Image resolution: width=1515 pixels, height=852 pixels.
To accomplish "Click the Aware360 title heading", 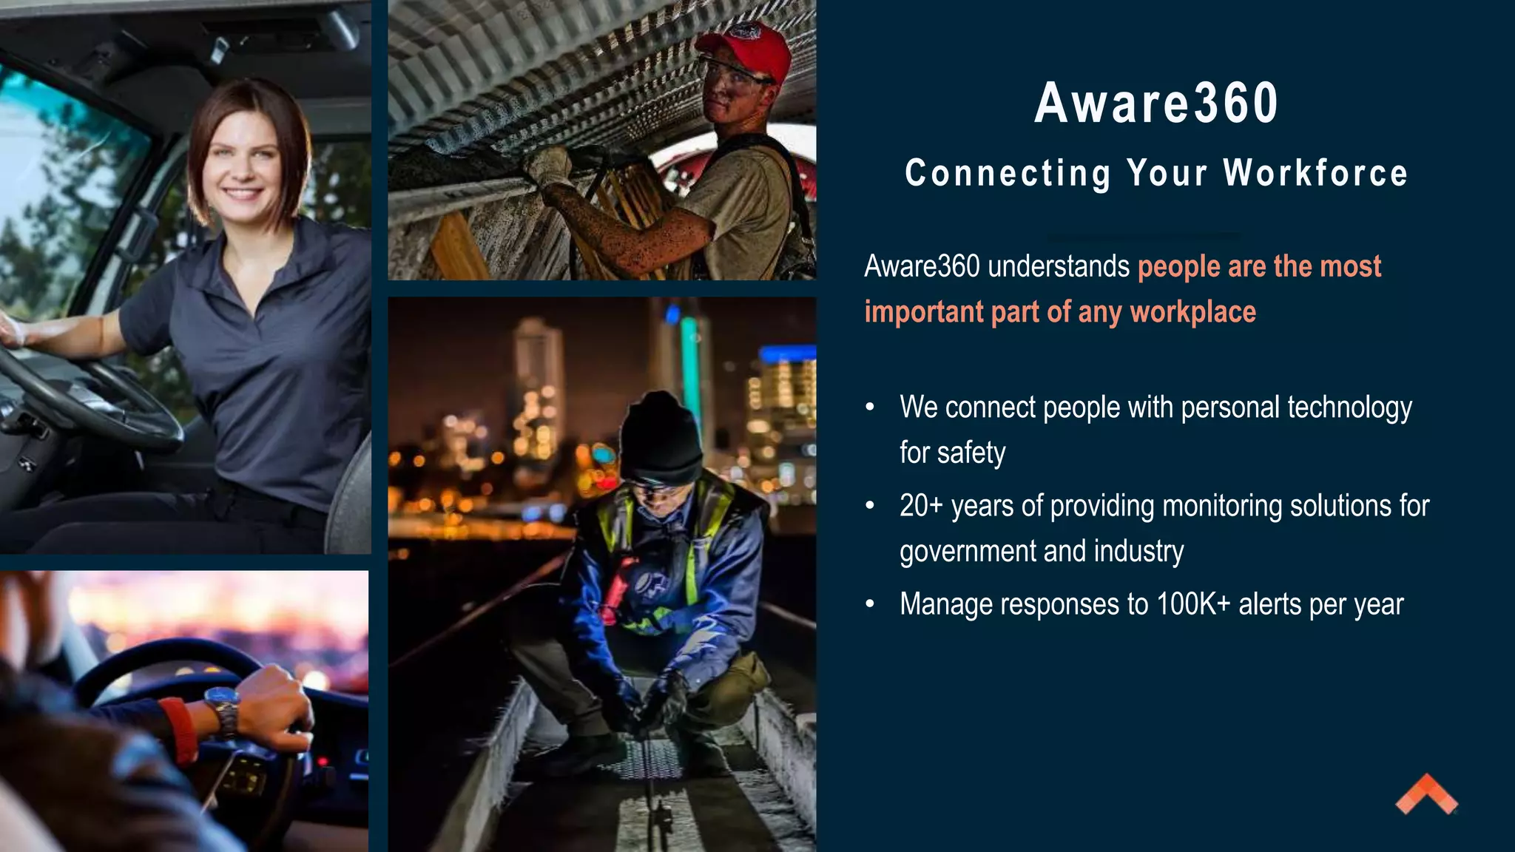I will [x=1156, y=104].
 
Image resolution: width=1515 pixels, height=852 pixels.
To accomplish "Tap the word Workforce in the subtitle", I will [x=1315, y=173].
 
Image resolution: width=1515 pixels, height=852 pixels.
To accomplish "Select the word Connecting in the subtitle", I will [x=1008, y=174].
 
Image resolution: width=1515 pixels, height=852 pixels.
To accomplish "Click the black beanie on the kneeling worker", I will [x=660, y=438].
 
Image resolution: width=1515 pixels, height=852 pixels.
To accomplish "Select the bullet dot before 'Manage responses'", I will [x=870, y=604].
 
